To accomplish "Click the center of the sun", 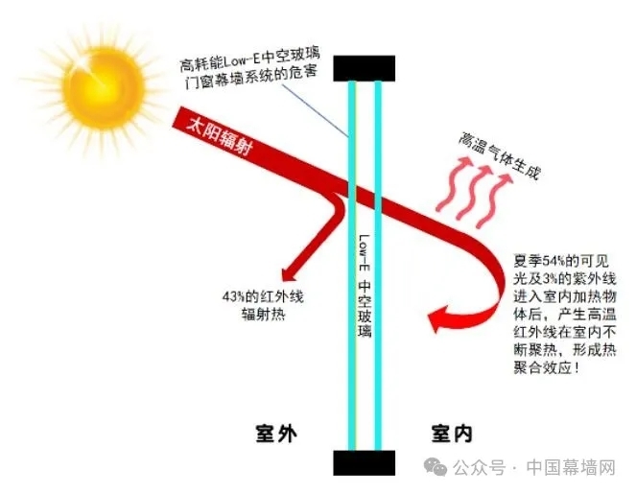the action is coord(104,87).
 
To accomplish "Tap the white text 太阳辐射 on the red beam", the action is coord(219,137).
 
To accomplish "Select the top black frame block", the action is coord(364,68).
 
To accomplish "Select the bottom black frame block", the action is coord(364,462).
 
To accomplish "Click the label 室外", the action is coord(276,434).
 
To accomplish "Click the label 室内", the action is coord(452,434).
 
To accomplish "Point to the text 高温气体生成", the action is coord(500,154).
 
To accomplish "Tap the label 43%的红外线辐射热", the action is coord(263,305).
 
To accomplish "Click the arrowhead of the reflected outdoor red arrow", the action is coord(289,272).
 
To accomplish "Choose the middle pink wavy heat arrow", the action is coord(474,192).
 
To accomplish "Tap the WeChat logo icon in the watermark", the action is coord(436,467).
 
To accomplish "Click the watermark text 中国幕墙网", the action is coord(571,467).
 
